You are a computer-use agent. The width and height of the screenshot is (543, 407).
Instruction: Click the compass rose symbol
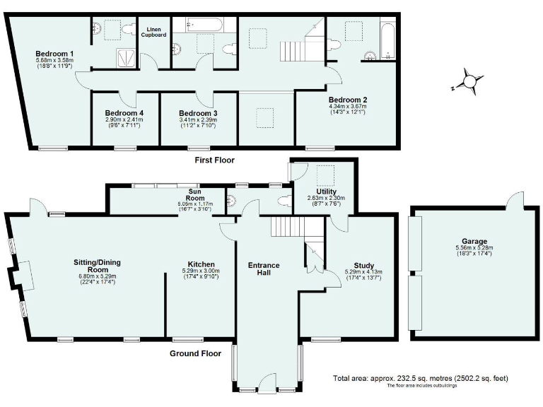[x=467, y=81]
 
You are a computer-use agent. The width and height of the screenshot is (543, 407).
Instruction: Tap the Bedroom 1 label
[x=54, y=54]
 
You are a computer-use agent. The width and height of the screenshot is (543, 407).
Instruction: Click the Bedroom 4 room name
[x=124, y=113]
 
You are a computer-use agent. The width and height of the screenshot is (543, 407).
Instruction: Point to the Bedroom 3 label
[x=198, y=113]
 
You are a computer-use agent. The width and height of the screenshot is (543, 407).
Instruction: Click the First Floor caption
[x=214, y=160]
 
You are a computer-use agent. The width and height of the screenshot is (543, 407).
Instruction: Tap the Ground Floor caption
[x=196, y=353]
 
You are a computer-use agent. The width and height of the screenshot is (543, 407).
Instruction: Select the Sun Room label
[x=195, y=198]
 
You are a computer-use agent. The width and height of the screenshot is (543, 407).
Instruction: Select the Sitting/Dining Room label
[x=99, y=266]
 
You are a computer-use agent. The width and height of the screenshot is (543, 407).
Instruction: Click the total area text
[x=420, y=378]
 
